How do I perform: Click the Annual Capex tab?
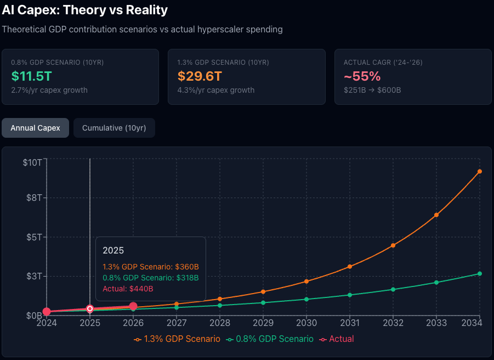36,128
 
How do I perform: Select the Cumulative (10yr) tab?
114,128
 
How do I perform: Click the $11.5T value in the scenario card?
31,76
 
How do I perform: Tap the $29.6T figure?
200,76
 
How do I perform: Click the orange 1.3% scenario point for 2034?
480,171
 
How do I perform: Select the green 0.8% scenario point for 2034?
480,273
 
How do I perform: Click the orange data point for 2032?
393,245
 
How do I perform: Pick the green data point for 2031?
350,295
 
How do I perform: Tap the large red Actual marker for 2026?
133,306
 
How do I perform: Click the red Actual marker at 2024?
47,312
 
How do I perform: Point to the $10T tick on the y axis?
32,162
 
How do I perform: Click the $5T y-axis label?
34,237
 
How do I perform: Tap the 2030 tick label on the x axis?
306,324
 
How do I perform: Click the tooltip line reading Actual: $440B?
128,289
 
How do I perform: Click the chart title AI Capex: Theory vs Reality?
85,10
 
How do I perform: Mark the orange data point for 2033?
436,215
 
